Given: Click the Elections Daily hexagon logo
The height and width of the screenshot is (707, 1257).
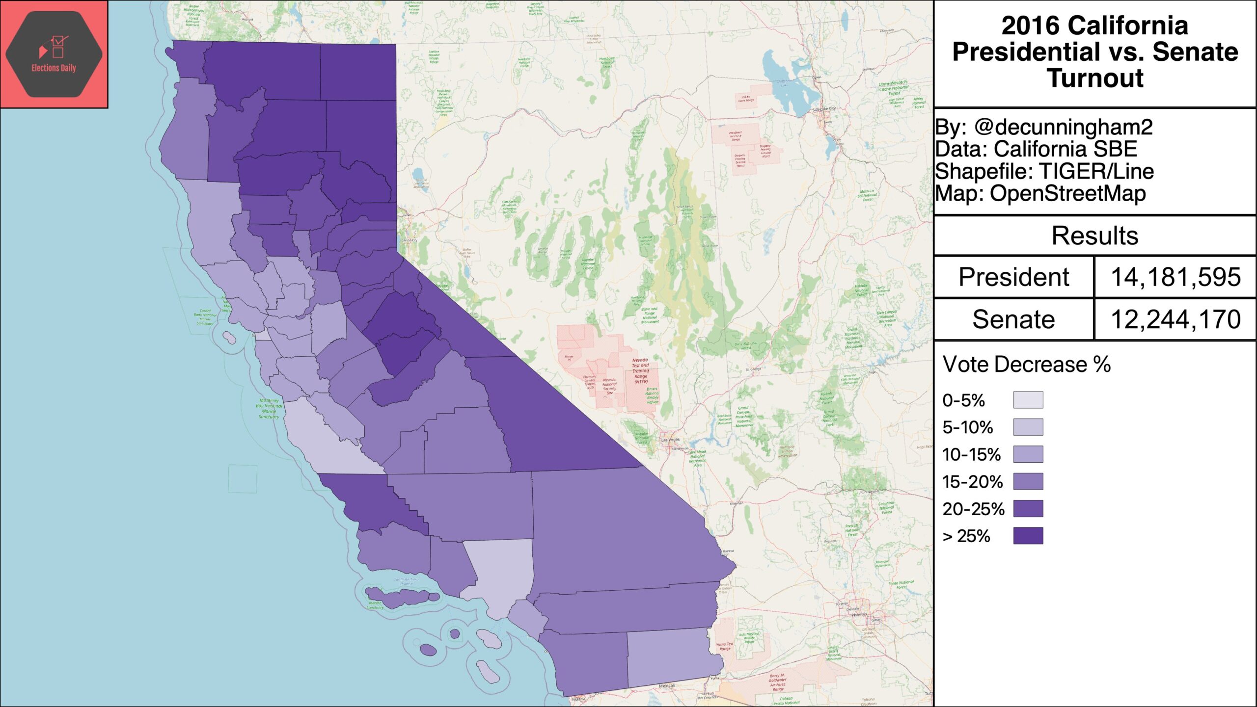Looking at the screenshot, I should point(54,54).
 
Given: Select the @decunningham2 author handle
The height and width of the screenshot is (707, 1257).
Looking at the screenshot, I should point(1063,127).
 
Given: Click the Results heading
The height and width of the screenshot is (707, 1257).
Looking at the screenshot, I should point(1094,236).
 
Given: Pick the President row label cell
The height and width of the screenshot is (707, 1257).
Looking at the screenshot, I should point(1013,277).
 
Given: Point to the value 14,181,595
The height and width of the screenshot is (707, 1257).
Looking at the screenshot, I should point(1175,277).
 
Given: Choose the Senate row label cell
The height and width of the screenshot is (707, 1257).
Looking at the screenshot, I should point(1013,319).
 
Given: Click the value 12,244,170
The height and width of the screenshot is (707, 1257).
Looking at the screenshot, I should point(1175,319).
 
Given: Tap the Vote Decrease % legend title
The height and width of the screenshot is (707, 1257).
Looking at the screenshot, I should point(1026,365).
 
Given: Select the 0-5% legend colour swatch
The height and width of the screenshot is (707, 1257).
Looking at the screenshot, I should point(1028,400).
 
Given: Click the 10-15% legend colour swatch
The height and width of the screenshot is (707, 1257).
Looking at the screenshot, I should point(1028,454).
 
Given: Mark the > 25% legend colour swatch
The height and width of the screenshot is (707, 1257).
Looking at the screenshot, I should point(1028,536).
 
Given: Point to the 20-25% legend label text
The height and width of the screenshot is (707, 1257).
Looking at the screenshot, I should point(973,509).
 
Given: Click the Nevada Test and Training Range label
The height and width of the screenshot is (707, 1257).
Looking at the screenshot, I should point(640,371).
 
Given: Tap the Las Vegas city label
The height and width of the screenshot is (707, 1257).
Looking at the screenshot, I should point(670,440).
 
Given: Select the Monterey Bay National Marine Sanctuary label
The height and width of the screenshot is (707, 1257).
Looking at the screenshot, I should point(269,409).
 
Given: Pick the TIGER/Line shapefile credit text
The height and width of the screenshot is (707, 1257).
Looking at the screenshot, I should point(1096,171).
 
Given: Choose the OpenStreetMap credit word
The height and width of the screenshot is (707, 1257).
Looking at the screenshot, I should point(1067,193).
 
